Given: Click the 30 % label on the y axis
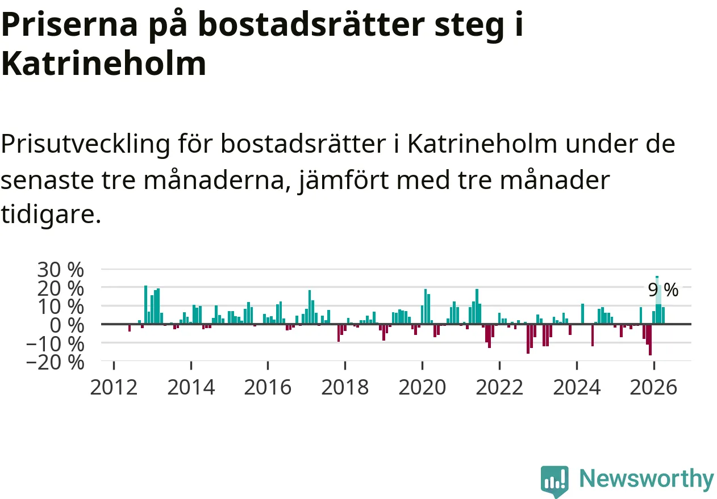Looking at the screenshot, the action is click(x=60, y=269).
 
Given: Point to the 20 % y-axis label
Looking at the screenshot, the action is click(x=60, y=289).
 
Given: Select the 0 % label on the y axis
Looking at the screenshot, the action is click(x=67, y=326).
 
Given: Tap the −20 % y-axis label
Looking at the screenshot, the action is click(x=55, y=363).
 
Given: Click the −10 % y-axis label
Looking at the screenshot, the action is click(x=55, y=345).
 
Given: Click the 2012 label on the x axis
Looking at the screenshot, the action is click(x=114, y=387).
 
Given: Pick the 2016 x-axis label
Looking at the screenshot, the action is click(x=268, y=387).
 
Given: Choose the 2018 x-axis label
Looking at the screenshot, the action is click(x=345, y=387).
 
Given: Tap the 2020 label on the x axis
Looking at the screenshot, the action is click(x=422, y=387).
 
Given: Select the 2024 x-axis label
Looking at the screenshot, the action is click(x=577, y=387).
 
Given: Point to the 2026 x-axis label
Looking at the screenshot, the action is click(x=653, y=387).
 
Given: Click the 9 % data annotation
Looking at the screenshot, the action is click(x=663, y=290).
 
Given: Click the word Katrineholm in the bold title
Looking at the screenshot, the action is click(x=104, y=64).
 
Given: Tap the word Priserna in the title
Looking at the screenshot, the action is click(x=69, y=24).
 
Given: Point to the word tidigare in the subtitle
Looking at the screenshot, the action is click(x=51, y=214).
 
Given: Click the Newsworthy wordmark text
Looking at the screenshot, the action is click(x=647, y=479).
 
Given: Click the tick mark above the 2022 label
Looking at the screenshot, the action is click(x=499, y=365).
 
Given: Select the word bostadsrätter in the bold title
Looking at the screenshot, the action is click(x=311, y=24).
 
